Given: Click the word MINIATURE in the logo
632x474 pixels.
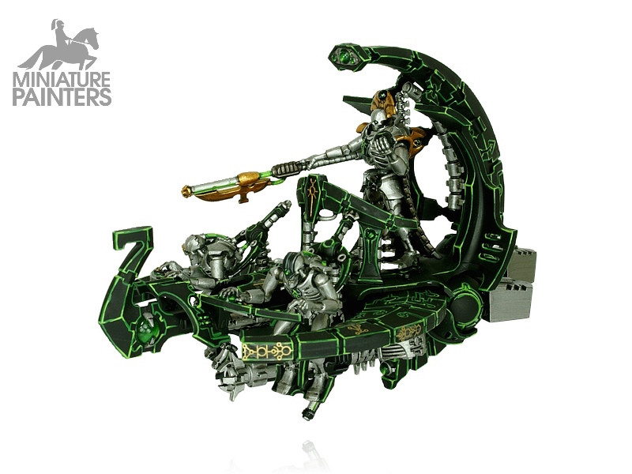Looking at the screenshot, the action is pyautogui.click(x=62, y=80).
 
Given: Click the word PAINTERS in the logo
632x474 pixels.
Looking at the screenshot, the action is pyautogui.click(x=62, y=97).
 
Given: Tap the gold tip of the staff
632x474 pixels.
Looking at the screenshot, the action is pyautogui.click(x=186, y=190).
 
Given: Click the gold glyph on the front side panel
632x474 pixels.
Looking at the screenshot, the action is pyautogui.click(x=266, y=351).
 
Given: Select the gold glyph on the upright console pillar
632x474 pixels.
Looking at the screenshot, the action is pyautogui.click(x=312, y=194).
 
